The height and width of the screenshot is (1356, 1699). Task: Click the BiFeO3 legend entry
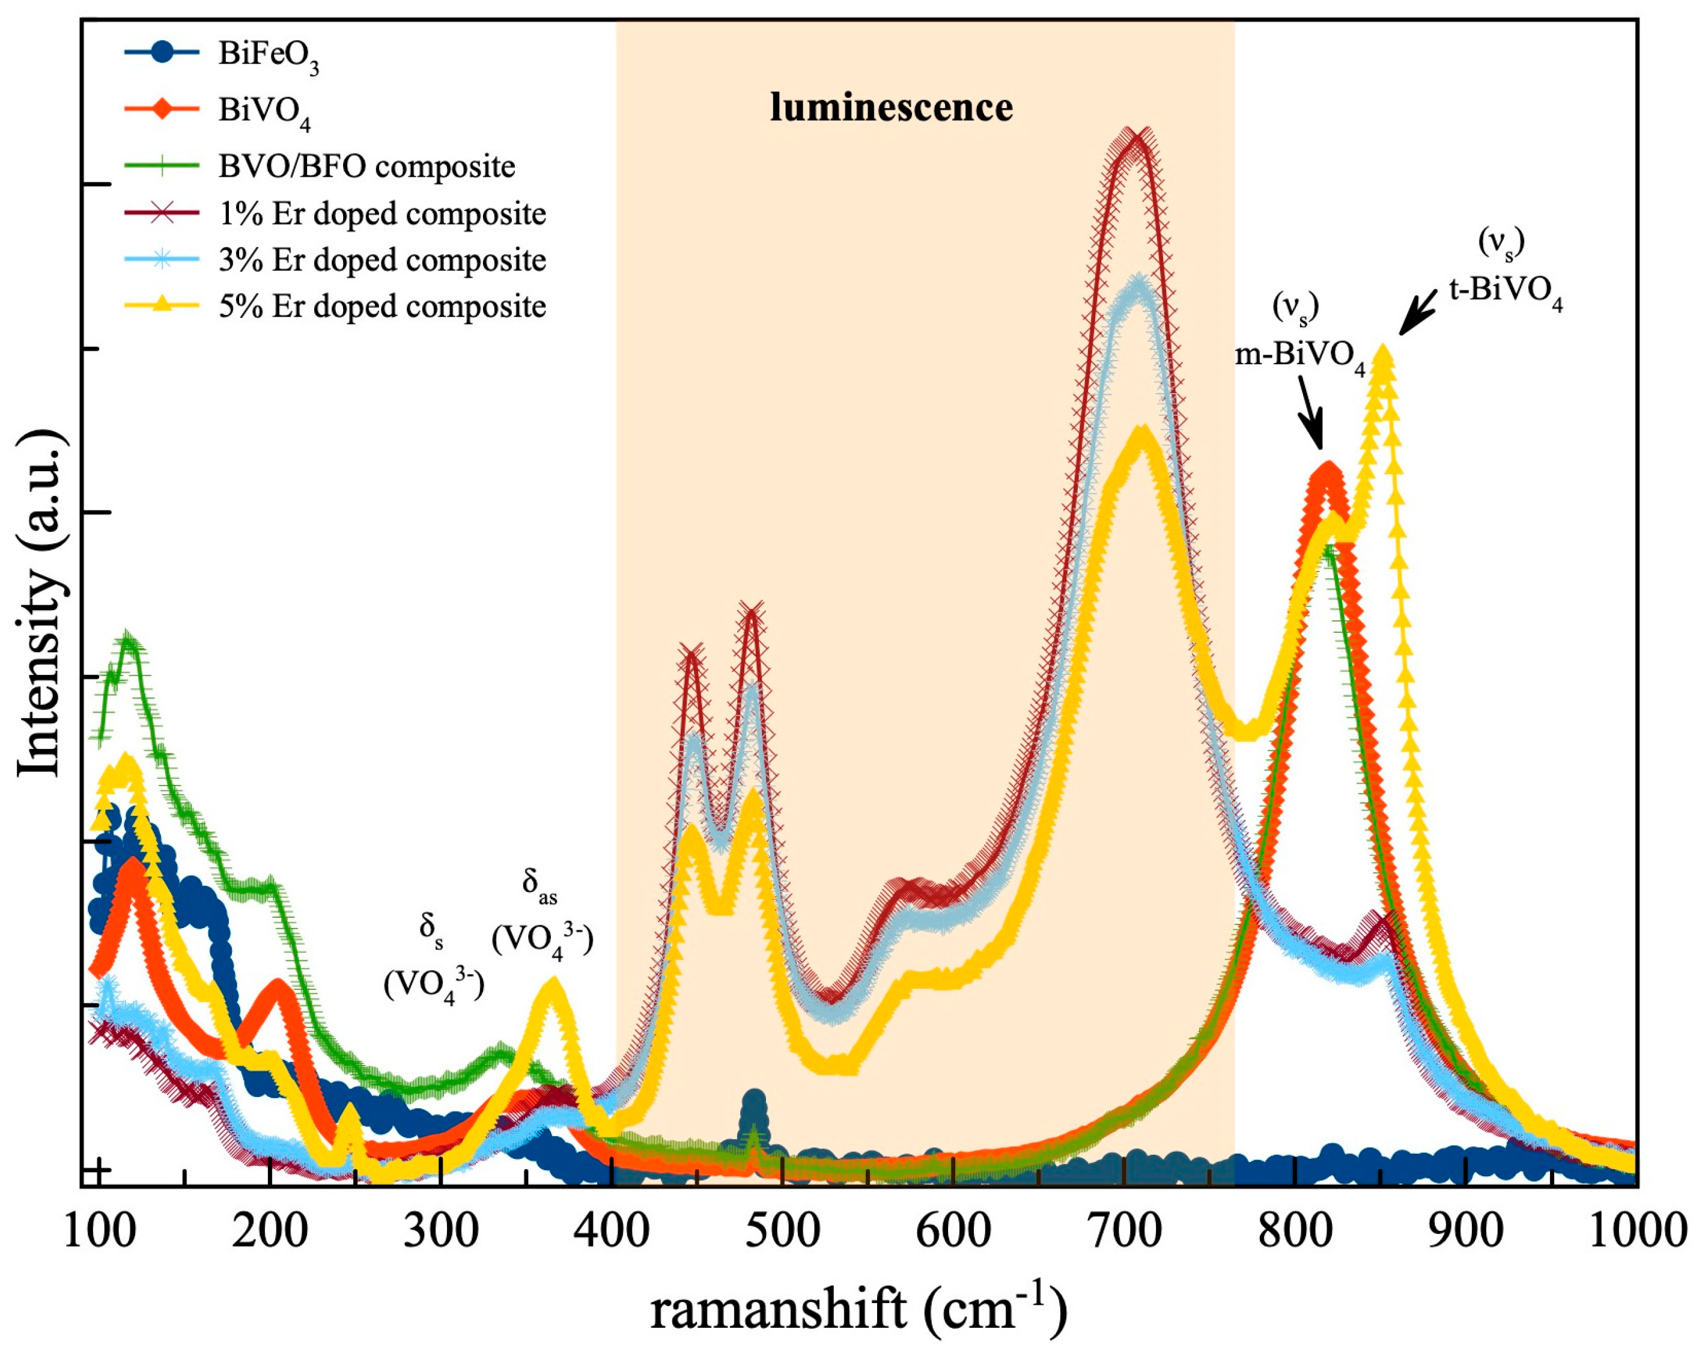click(268, 56)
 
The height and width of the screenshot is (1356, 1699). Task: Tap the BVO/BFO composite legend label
click(366, 166)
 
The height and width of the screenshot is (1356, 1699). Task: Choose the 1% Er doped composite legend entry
click(382, 213)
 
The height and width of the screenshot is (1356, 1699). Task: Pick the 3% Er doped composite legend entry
click(382, 260)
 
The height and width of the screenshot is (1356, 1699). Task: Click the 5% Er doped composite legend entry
click(382, 307)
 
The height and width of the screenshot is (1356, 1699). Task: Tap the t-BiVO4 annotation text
click(1505, 293)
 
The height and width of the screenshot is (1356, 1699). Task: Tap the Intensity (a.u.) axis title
click(40, 603)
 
